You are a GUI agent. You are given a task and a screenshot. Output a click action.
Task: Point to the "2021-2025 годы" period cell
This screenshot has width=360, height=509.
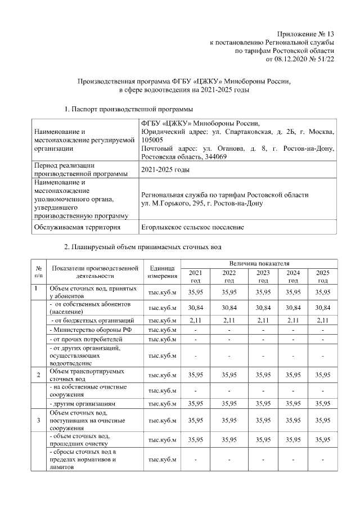(x=164, y=169)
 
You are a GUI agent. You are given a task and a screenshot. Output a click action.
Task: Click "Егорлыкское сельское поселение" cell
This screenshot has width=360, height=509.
(x=192, y=227)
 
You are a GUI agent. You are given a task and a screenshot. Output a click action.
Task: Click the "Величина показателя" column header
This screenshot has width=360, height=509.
(x=259, y=263)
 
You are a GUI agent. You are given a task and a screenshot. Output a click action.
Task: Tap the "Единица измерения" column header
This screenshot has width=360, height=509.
(x=163, y=272)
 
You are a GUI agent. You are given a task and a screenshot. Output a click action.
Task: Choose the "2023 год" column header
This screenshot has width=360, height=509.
(x=263, y=276)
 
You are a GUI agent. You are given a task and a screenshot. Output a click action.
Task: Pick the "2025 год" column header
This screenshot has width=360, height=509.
(x=323, y=276)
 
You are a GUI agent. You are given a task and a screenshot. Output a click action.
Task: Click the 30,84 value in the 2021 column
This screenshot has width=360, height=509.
(x=195, y=308)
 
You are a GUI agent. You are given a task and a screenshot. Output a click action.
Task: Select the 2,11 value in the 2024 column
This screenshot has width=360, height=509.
(x=293, y=320)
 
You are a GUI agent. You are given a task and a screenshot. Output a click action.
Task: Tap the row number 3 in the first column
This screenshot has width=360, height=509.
(x=38, y=420)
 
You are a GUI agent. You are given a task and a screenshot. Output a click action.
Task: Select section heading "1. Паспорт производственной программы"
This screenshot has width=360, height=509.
(x=128, y=109)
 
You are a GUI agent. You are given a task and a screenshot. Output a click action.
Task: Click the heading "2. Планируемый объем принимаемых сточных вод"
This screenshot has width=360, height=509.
(x=143, y=247)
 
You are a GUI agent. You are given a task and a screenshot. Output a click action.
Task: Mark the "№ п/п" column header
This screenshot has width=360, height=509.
(x=38, y=272)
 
